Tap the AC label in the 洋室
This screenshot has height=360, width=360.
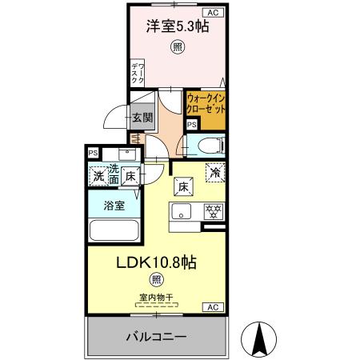pos(214,13)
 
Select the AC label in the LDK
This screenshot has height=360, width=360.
pos(214,306)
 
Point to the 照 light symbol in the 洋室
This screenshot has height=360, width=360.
pos(177,48)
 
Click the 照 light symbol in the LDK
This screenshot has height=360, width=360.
pos(156,279)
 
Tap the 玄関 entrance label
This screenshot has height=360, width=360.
pos(142,117)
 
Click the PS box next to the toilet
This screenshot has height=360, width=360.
pos(191,125)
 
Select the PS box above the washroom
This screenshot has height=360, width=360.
pos(93,153)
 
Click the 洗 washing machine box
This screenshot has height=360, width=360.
pos(98,175)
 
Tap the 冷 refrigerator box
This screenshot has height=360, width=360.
pos(214,170)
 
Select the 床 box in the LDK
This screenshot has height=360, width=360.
pos(182,186)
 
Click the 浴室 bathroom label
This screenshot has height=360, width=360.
pos(114,206)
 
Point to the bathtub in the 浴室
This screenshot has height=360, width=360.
pos(114,231)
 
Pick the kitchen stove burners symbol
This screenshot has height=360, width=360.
pos(214,212)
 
